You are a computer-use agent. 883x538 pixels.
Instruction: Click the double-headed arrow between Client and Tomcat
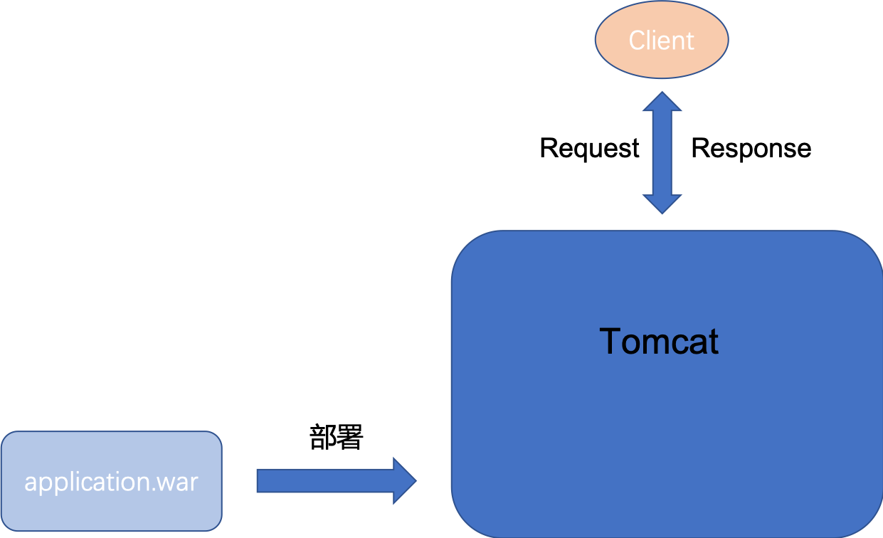662,152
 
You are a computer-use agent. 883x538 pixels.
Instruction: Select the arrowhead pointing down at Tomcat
662,204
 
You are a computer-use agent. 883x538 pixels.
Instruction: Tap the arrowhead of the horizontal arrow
405,481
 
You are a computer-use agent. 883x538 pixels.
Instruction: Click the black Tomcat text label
659,342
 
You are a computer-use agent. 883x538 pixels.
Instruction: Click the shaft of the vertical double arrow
662,152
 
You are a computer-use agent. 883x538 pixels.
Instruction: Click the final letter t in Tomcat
713,342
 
